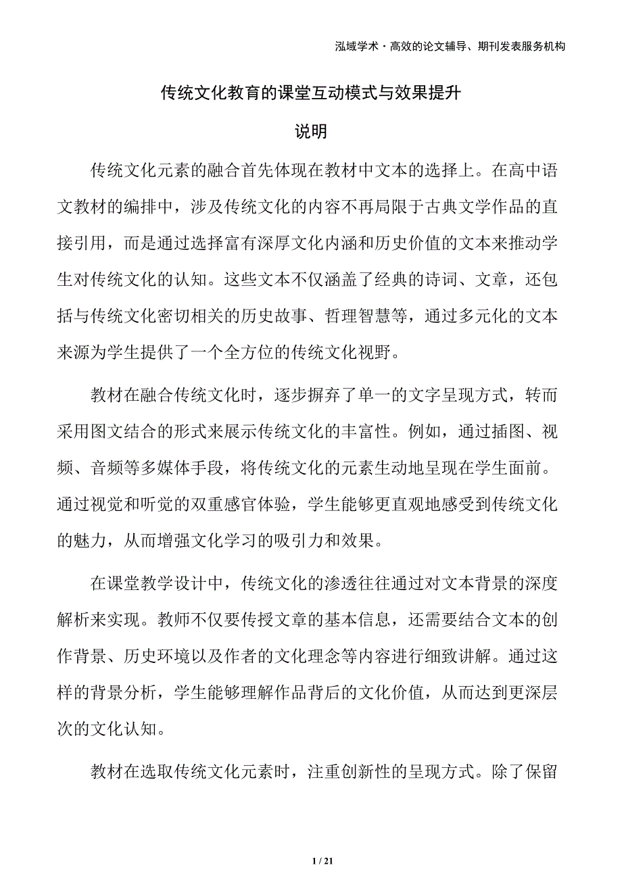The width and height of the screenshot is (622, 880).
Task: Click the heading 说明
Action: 311,131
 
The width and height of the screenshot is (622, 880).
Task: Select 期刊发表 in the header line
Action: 493,47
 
